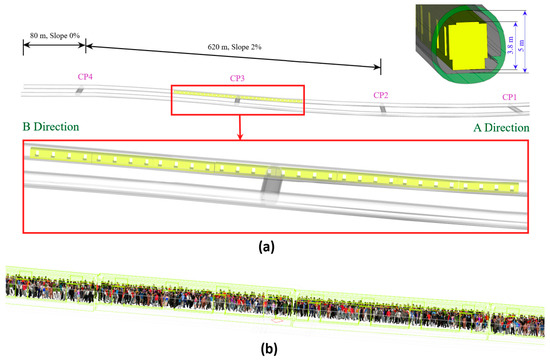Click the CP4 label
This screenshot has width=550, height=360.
pos(85,77)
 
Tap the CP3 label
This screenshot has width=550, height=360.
pos(237,78)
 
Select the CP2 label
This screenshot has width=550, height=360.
pos(381,95)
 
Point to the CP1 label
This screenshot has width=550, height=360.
pos(509,97)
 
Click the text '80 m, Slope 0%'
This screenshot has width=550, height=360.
pos(54,35)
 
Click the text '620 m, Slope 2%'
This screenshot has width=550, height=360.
pos(234,47)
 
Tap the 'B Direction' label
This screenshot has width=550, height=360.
pos(51,127)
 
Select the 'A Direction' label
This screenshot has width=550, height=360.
pos(501,128)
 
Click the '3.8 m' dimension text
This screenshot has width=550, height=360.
pos(511,45)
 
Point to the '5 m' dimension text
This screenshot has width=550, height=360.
pos(522,46)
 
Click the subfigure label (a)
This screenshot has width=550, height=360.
pos(266,247)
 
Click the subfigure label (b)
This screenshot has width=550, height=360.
pos(269,348)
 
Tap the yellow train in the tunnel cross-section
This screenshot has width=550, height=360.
pos(465,46)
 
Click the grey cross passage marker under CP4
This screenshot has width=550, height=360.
pos(80,91)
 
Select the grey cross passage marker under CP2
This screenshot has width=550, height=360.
pos(383,110)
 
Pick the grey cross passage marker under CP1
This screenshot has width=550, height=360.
pos(516,110)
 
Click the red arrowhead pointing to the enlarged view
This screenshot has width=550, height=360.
pos(240,136)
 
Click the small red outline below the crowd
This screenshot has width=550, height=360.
pos(277,320)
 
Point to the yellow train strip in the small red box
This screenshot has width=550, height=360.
pos(238,96)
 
